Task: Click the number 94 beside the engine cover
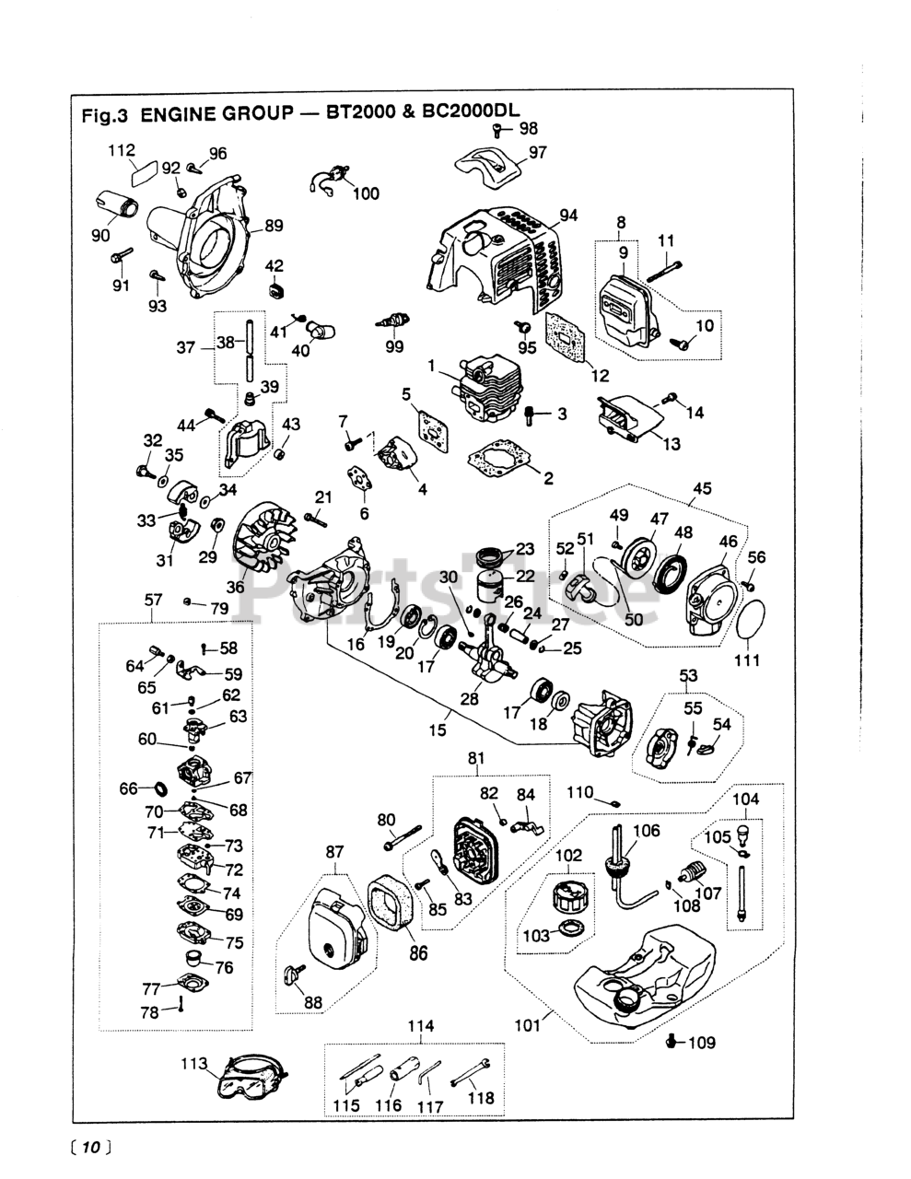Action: (x=568, y=216)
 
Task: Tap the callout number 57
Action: (x=154, y=601)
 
